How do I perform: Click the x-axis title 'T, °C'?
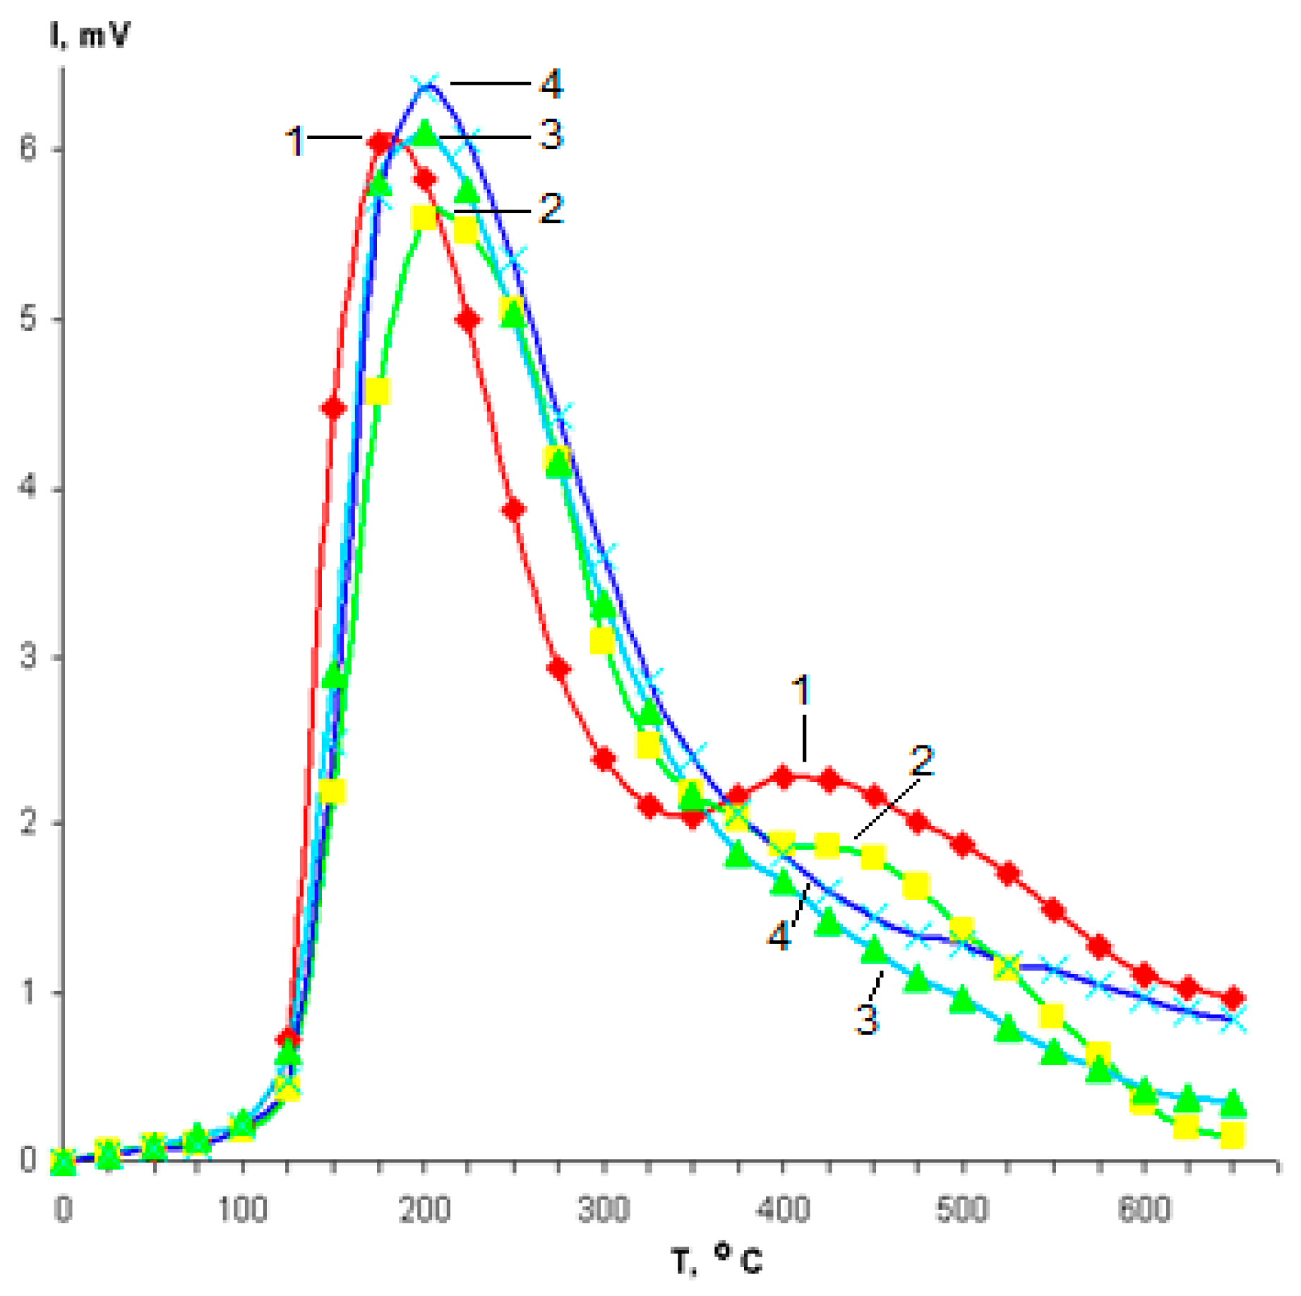pyautogui.click(x=716, y=1259)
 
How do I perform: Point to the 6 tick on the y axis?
pyautogui.click(x=28, y=149)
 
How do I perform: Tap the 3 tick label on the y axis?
pyautogui.click(x=28, y=657)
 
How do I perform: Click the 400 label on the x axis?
pyautogui.click(x=782, y=1209)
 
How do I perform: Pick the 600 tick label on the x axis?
pyautogui.click(x=1144, y=1209)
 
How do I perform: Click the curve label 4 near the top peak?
pyautogui.click(x=551, y=84)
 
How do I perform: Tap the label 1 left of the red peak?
pyautogui.click(x=295, y=140)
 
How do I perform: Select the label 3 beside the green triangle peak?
pyautogui.click(x=551, y=134)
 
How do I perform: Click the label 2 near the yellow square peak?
pyautogui.click(x=551, y=210)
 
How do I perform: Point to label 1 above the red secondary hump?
pyautogui.click(x=801, y=690)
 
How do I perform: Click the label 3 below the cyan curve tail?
pyautogui.click(x=867, y=1019)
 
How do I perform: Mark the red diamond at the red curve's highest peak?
pyautogui.click(x=380, y=143)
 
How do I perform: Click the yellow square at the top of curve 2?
pyautogui.click(x=424, y=217)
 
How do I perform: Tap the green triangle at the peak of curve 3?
pyautogui.click(x=425, y=133)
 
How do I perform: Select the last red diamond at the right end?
pyautogui.click(x=1233, y=998)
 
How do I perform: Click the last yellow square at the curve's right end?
pyautogui.click(x=1232, y=1135)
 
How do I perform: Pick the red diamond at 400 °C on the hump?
pyautogui.click(x=783, y=777)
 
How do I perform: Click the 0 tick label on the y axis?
pyautogui.click(x=28, y=1160)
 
